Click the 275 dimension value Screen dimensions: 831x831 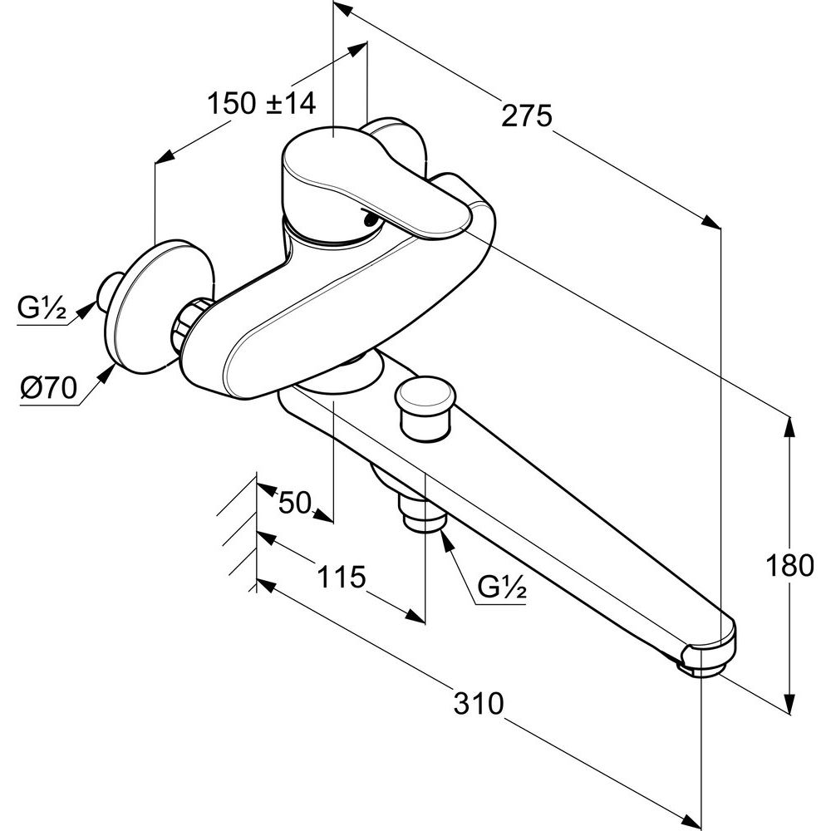point(526,116)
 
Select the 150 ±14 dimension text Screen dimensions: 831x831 point(261,104)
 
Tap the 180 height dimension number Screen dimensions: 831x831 point(790,566)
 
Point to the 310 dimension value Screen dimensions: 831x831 point(479,704)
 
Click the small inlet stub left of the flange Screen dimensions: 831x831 point(110,290)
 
